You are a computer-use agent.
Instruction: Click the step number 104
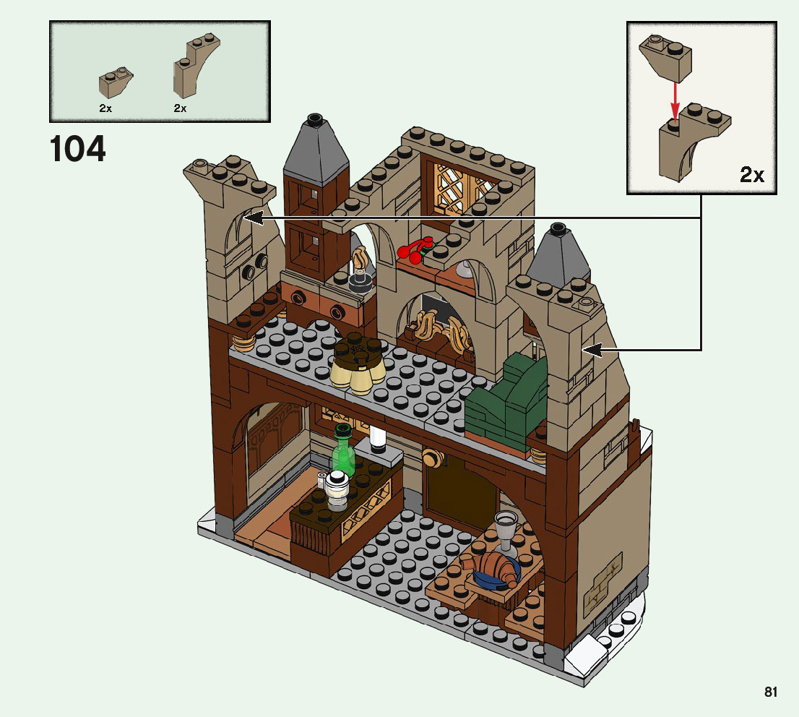tap(78, 150)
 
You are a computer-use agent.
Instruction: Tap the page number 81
tap(771, 692)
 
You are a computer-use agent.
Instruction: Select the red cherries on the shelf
tap(413, 250)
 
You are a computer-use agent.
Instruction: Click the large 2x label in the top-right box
tap(752, 175)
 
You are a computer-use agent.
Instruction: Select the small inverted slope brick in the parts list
tap(116, 83)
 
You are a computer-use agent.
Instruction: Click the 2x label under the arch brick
tap(181, 108)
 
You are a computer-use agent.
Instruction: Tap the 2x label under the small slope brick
tap(105, 108)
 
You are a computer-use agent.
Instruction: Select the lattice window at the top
tap(460, 186)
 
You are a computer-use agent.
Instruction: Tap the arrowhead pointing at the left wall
tap(251, 216)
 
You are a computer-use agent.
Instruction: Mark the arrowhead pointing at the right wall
tap(591, 351)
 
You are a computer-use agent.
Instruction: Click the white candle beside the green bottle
tap(377, 438)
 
